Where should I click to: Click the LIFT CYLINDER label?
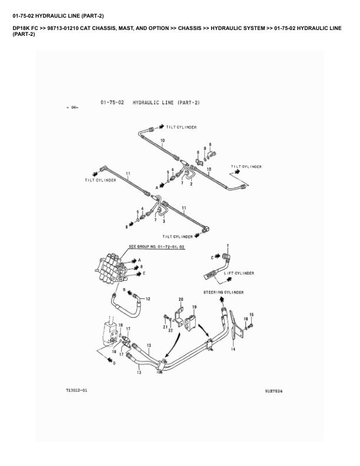tap(239, 274)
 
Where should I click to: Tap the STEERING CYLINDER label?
tap(224, 292)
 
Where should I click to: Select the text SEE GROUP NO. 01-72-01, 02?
tap(156, 248)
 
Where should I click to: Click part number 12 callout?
tap(148, 299)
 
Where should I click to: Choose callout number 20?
tap(181, 299)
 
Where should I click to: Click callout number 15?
tap(252, 314)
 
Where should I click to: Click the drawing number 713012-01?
tap(76, 390)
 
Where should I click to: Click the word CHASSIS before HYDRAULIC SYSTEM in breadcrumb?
tap(191, 28)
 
